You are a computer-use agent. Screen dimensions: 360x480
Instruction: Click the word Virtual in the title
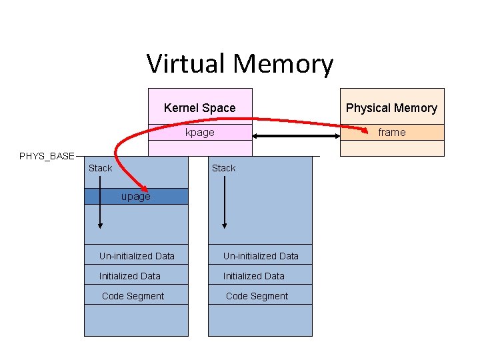[x=187, y=64]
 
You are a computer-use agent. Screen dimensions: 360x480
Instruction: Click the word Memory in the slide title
[x=283, y=64]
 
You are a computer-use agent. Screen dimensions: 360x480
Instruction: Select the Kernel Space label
[x=199, y=107]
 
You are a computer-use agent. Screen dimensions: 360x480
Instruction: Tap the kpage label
[x=199, y=132]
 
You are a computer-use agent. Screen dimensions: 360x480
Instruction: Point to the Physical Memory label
[x=391, y=107]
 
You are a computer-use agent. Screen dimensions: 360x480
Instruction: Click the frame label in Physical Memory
[x=391, y=132]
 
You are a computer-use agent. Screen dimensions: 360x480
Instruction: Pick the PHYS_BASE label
[x=47, y=156]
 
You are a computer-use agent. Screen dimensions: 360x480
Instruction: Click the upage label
[x=135, y=196]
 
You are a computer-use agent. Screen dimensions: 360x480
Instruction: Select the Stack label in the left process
[x=100, y=168]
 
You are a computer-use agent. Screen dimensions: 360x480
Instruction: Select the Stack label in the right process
[x=223, y=168]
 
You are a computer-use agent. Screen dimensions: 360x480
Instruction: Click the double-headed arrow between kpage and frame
[x=296, y=136]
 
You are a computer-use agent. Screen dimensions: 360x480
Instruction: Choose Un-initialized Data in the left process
[x=137, y=256]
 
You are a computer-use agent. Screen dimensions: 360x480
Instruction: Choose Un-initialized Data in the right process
[x=261, y=256]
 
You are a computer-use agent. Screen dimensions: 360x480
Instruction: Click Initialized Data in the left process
[x=129, y=276]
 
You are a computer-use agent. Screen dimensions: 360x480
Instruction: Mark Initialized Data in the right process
[x=253, y=276]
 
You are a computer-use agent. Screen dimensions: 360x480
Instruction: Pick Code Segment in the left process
[x=133, y=296]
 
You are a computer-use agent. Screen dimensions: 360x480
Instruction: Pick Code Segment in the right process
[x=257, y=296]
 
